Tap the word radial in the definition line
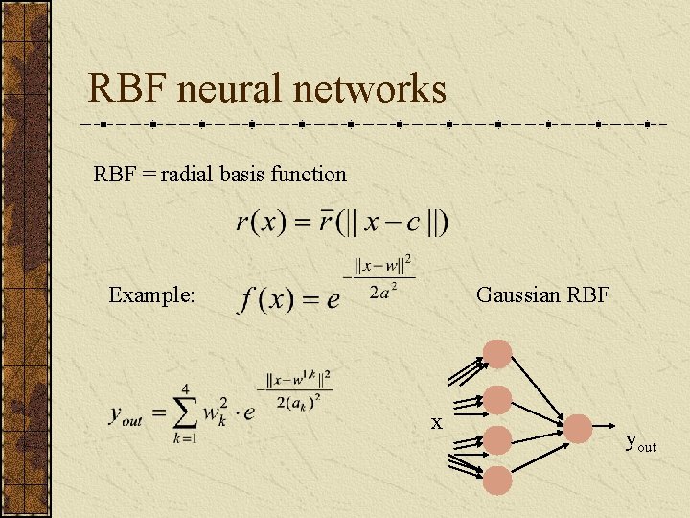click(188, 175)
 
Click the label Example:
click(152, 294)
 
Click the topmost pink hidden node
click(497, 353)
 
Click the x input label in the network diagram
click(436, 422)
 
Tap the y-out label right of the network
click(640, 442)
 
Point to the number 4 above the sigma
click(184, 388)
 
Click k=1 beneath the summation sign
click(184, 439)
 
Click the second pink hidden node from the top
click(497, 399)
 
